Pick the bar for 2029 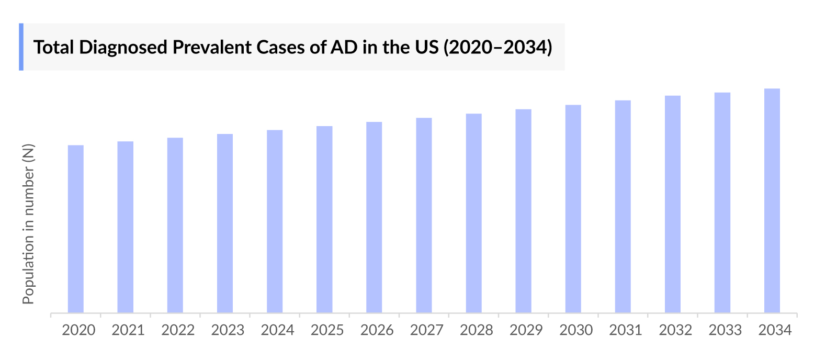[x=523, y=211]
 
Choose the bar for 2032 [x=673, y=205]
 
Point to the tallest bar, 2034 [x=772, y=201]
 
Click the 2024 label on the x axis [x=277, y=330]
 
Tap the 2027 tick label [x=426, y=330]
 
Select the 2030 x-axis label [x=576, y=330]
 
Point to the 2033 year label [x=725, y=330]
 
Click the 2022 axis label [x=178, y=330]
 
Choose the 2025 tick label [x=327, y=330]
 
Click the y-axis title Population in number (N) [x=28, y=224]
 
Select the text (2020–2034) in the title [x=497, y=48]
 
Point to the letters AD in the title [x=344, y=48]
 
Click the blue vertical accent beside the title [x=21, y=47]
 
